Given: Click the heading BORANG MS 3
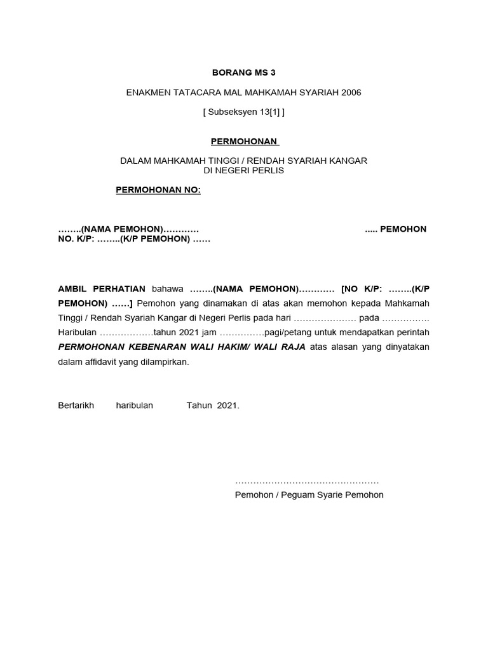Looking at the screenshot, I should pos(244,72).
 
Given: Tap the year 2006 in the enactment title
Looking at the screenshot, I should pos(351,93).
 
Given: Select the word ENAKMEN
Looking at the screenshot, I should pos(147,93).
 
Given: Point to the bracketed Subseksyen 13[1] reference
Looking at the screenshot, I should pos(244,112).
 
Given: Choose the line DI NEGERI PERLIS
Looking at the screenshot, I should pos(244,170).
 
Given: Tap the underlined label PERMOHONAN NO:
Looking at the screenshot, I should pos(158,190).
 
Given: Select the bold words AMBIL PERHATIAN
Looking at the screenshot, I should pos(102,288).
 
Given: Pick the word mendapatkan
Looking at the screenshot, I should pos(364,332).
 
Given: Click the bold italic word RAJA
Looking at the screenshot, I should pos(294,347).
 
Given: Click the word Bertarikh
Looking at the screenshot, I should pos(76,405).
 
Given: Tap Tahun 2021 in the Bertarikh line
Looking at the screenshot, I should pos(212,405).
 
